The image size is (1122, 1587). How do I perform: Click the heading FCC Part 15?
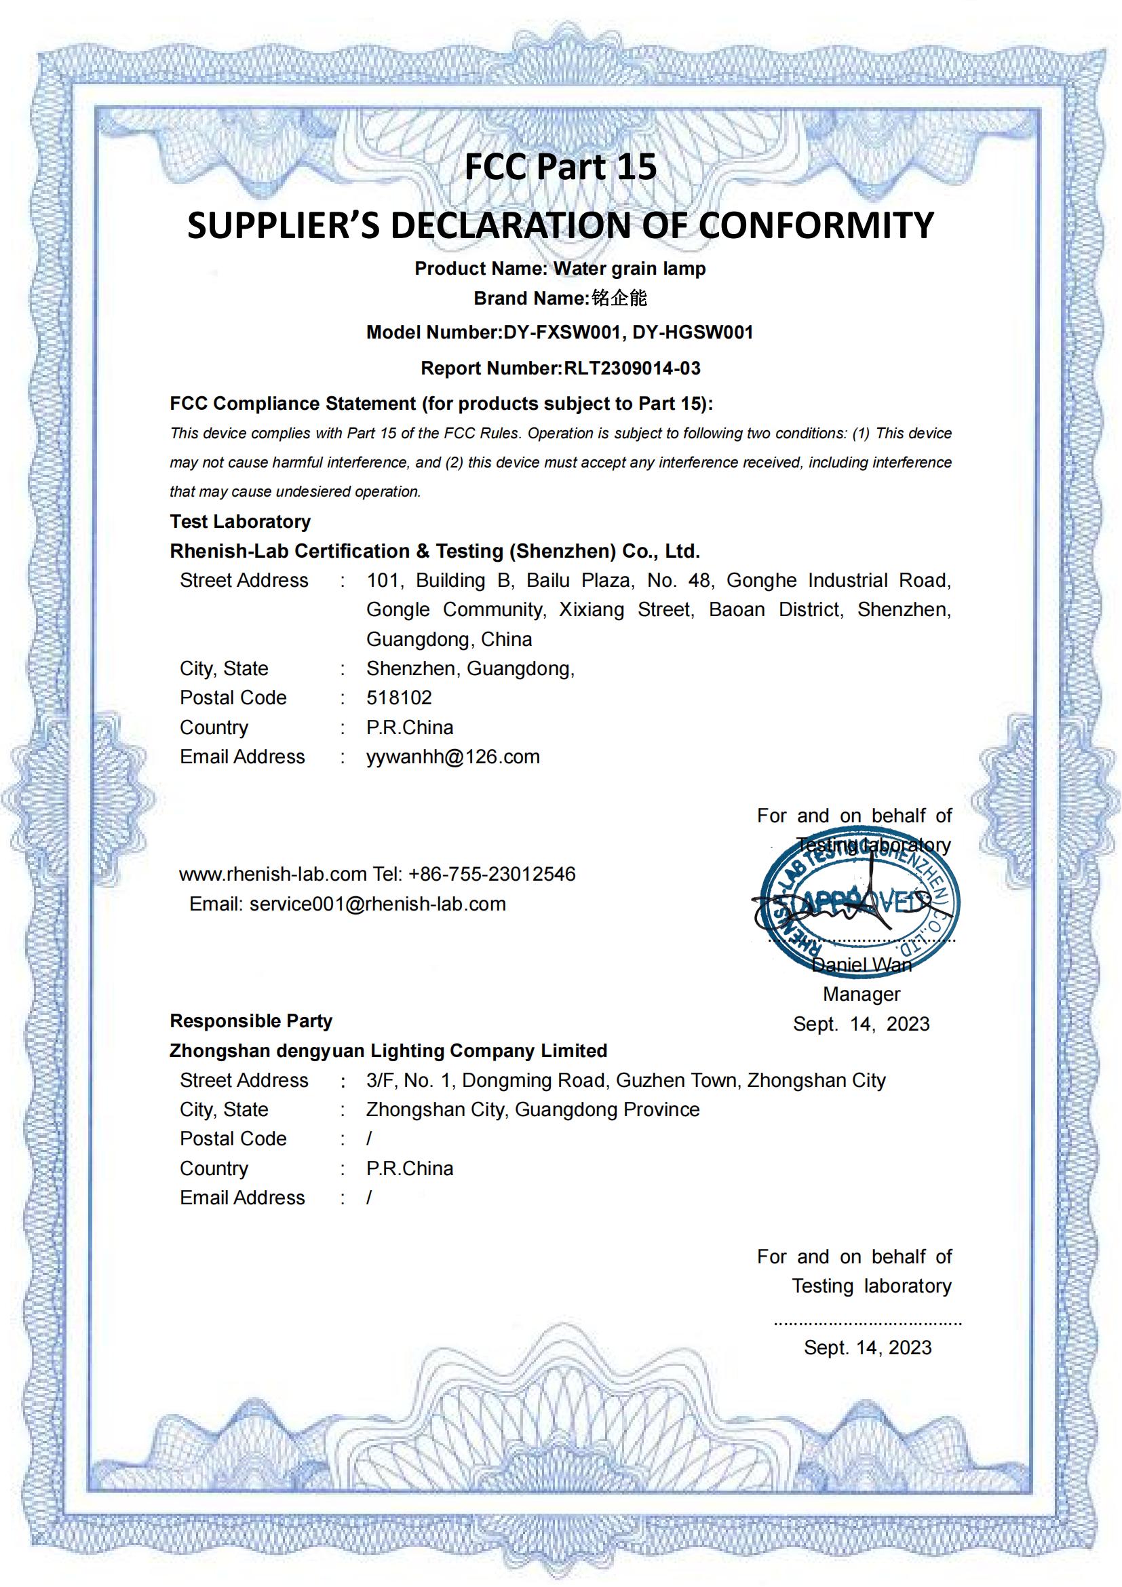(560, 168)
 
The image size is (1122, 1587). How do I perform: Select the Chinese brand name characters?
(619, 298)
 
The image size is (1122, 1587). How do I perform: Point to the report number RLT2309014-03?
(632, 368)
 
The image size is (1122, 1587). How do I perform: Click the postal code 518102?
(399, 697)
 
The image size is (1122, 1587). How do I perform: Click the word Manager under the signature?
(861, 994)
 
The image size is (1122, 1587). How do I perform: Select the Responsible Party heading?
(251, 1021)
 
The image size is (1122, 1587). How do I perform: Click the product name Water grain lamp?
(630, 268)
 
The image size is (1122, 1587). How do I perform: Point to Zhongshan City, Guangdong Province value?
(533, 1109)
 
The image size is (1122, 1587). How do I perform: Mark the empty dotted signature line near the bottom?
(867, 1323)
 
